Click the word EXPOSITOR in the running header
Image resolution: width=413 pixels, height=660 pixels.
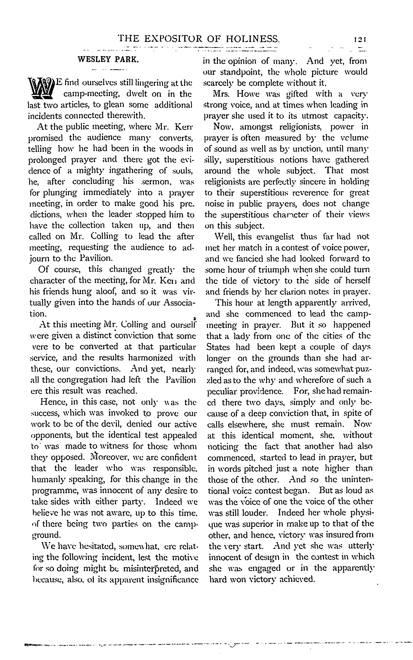(x=173, y=39)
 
